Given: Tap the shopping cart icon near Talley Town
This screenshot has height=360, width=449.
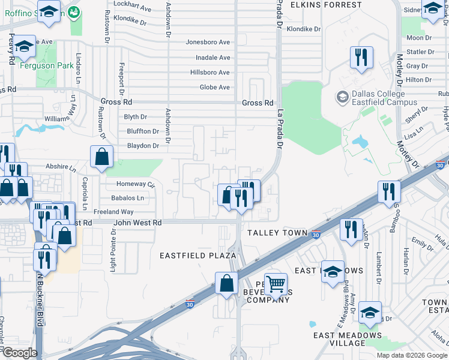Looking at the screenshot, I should pyautogui.click(x=276, y=284).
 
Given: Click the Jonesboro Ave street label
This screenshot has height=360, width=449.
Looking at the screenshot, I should pyautogui.click(x=208, y=43).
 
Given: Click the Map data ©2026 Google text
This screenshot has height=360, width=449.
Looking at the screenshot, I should pyautogui.click(x=412, y=355).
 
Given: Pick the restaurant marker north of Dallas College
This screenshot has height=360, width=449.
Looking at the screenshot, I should pyautogui.click(x=361, y=58).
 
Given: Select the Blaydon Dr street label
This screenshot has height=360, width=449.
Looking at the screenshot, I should pyautogui.click(x=143, y=146).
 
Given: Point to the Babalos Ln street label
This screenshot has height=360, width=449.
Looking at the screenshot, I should pyautogui.click(x=127, y=197).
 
